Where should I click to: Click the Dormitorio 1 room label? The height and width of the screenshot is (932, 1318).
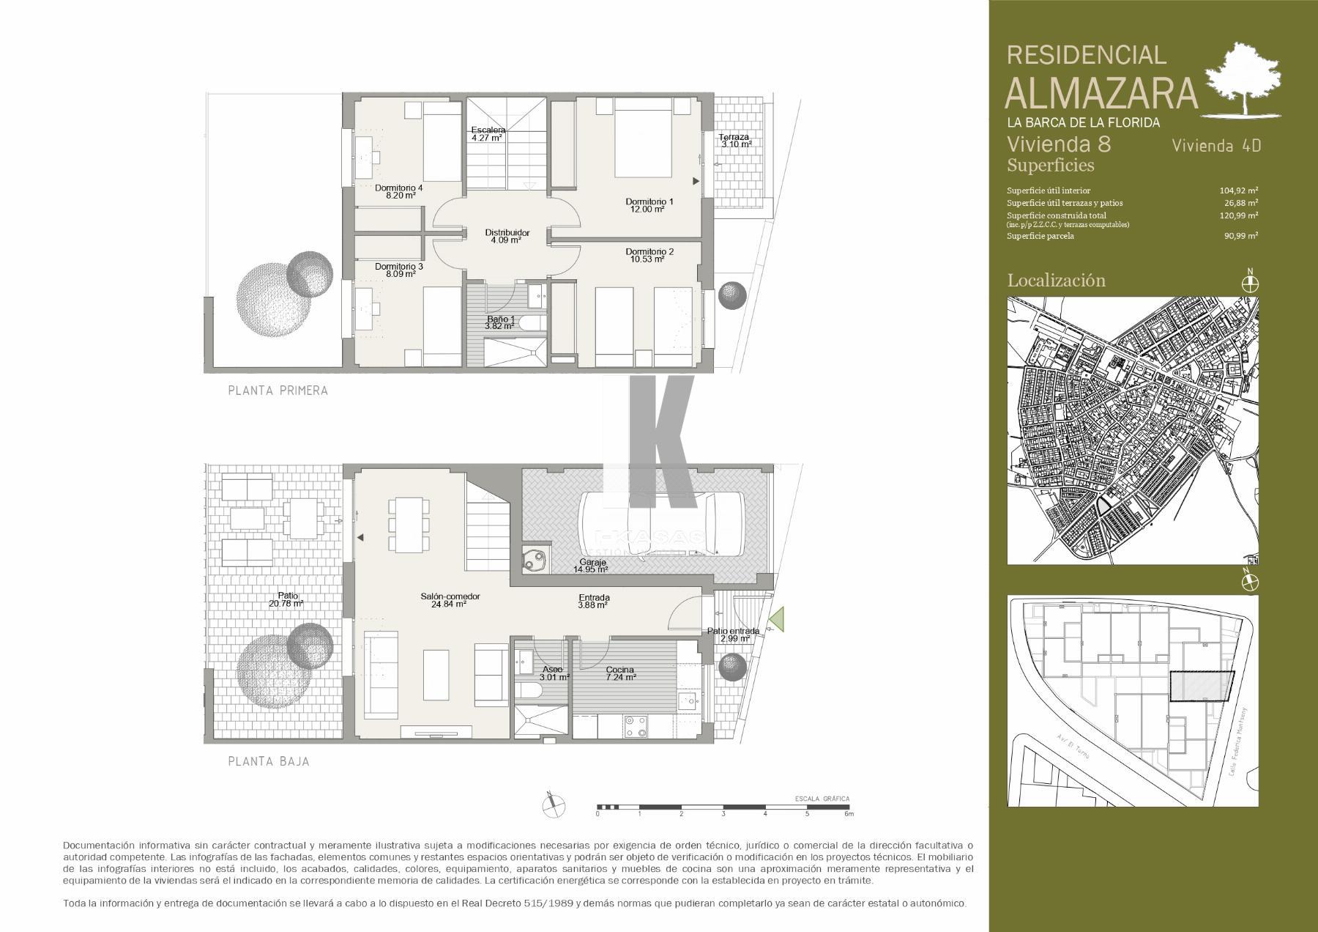649,204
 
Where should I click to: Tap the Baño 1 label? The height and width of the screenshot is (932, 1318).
502,322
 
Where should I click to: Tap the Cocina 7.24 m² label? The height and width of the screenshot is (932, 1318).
619,673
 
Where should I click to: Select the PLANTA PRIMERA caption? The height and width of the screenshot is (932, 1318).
278,391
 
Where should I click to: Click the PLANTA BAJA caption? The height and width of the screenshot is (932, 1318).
268,761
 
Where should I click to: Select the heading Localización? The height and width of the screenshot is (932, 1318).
1056,280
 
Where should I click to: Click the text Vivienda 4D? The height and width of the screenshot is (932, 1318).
1216,145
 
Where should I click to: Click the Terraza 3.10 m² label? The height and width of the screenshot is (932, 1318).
735,140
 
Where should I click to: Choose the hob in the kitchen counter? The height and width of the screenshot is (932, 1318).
635,726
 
